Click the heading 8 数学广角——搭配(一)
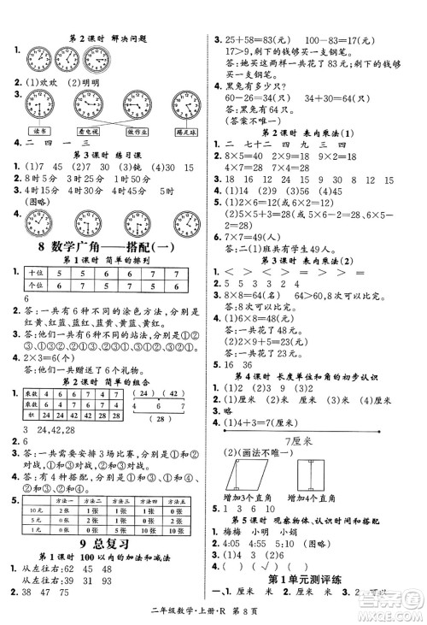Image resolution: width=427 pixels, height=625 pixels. click(107, 248)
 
